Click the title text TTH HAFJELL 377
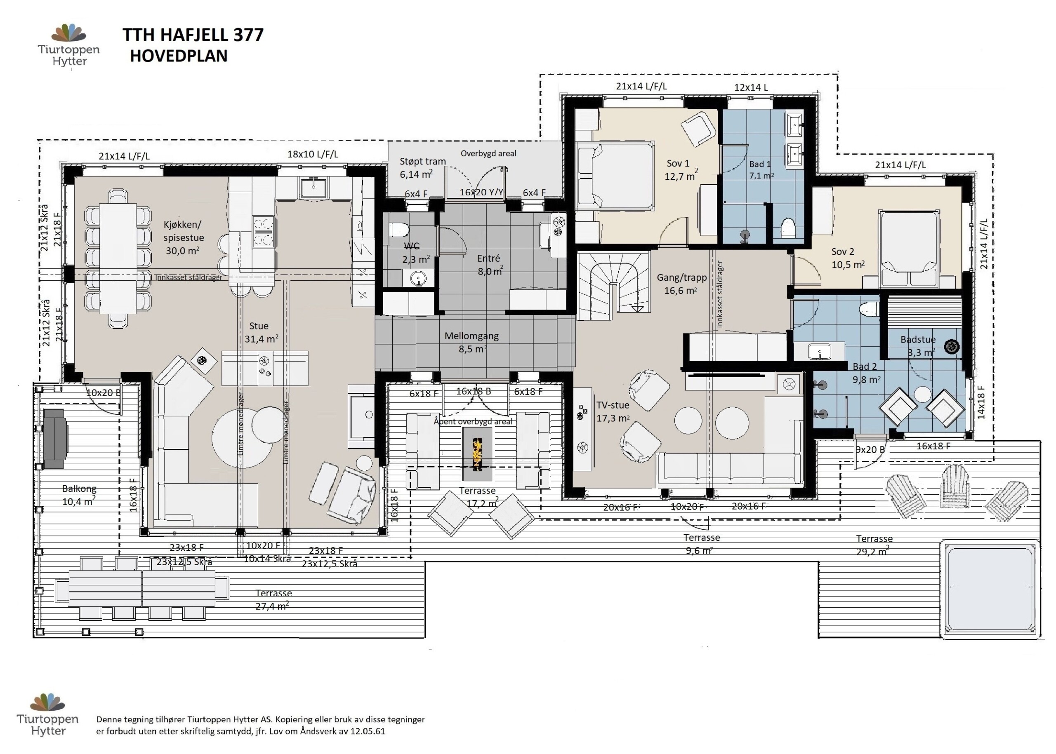pos(193,35)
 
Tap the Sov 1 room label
pos(678,163)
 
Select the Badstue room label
pos(918,339)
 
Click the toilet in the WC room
pos(399,230)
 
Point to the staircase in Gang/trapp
pos(613,286)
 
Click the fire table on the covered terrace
pos(477,453)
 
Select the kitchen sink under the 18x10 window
pos(313,188)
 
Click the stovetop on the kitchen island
pos(264,231)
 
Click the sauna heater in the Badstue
pos(952,346)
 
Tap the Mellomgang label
pos(471,336)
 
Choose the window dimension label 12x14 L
pos(751,87)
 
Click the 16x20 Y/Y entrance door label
pos(481,192)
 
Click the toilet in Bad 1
pos(788,228)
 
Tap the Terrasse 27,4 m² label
pos(273,599)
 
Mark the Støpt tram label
pos(423,162)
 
